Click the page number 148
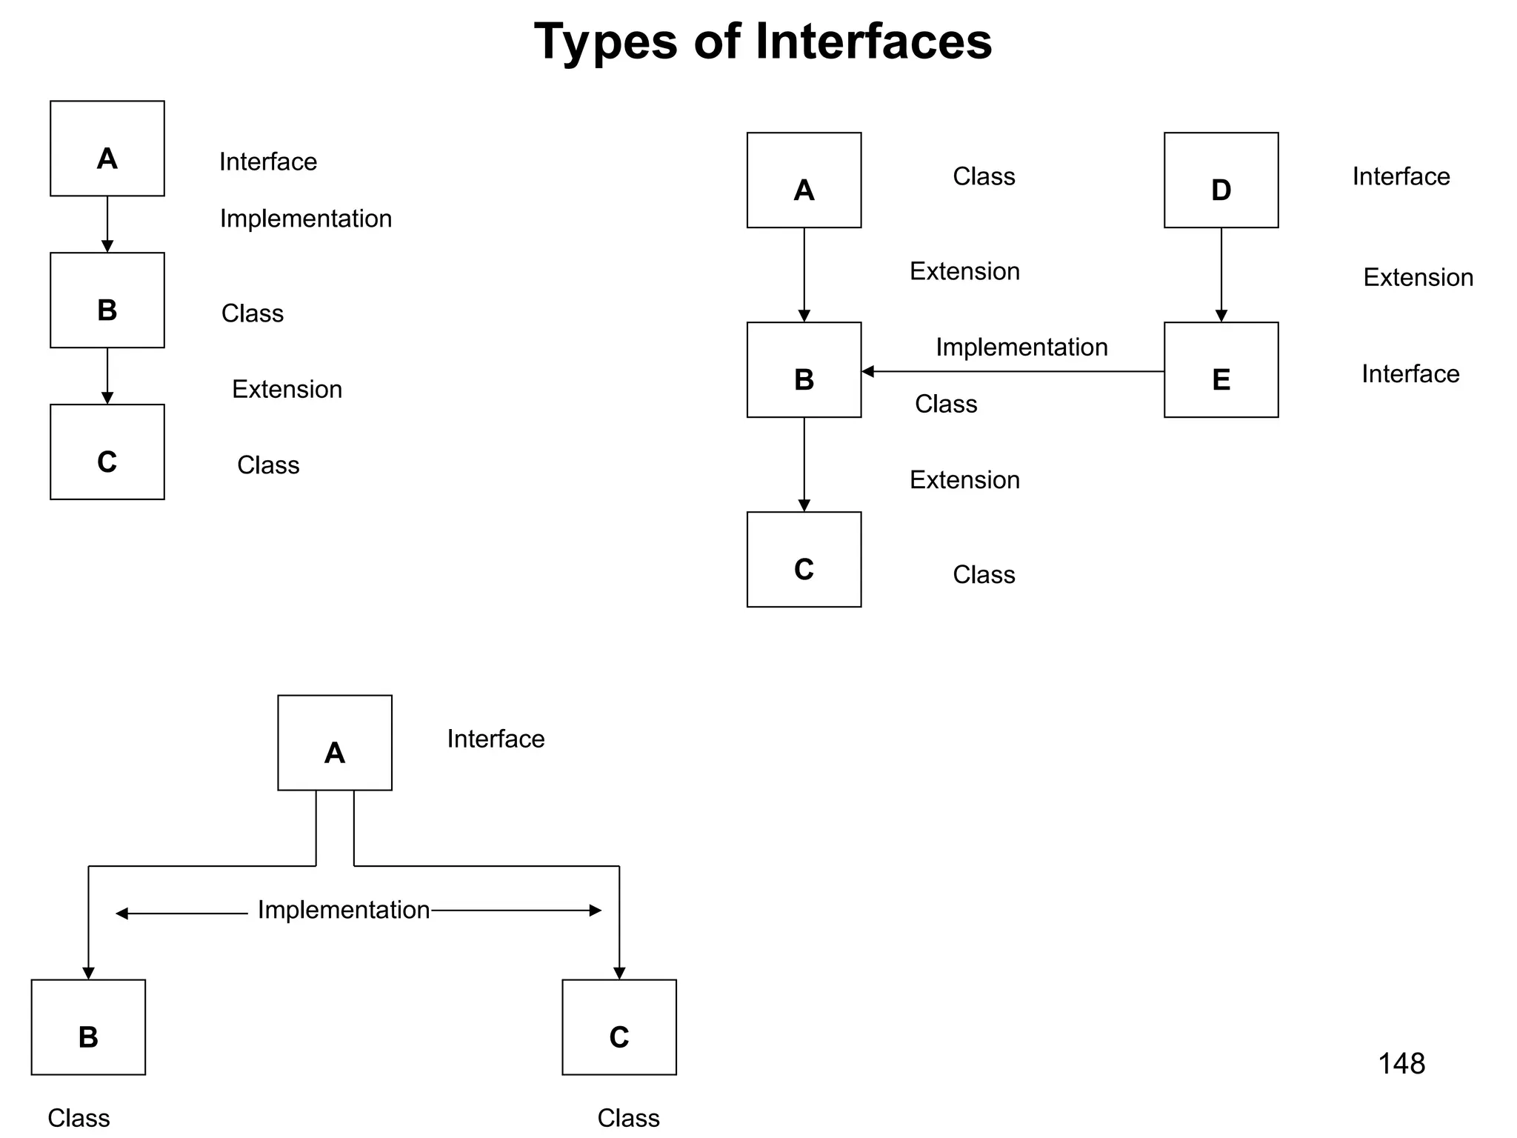1401,1064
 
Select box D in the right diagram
1221,180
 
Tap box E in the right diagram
1221,370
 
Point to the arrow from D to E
1221,275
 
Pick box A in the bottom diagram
335,742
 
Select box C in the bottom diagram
619,1027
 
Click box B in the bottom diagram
88,1027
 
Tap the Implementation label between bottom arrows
343,910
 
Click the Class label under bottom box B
79,1118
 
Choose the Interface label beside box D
1401,176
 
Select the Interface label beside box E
1410,374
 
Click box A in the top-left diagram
107,148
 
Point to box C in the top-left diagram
107,452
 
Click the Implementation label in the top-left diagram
305,219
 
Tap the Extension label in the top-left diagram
287,389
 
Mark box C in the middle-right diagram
804,559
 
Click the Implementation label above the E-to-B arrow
1021,347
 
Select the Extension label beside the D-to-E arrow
1418,277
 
